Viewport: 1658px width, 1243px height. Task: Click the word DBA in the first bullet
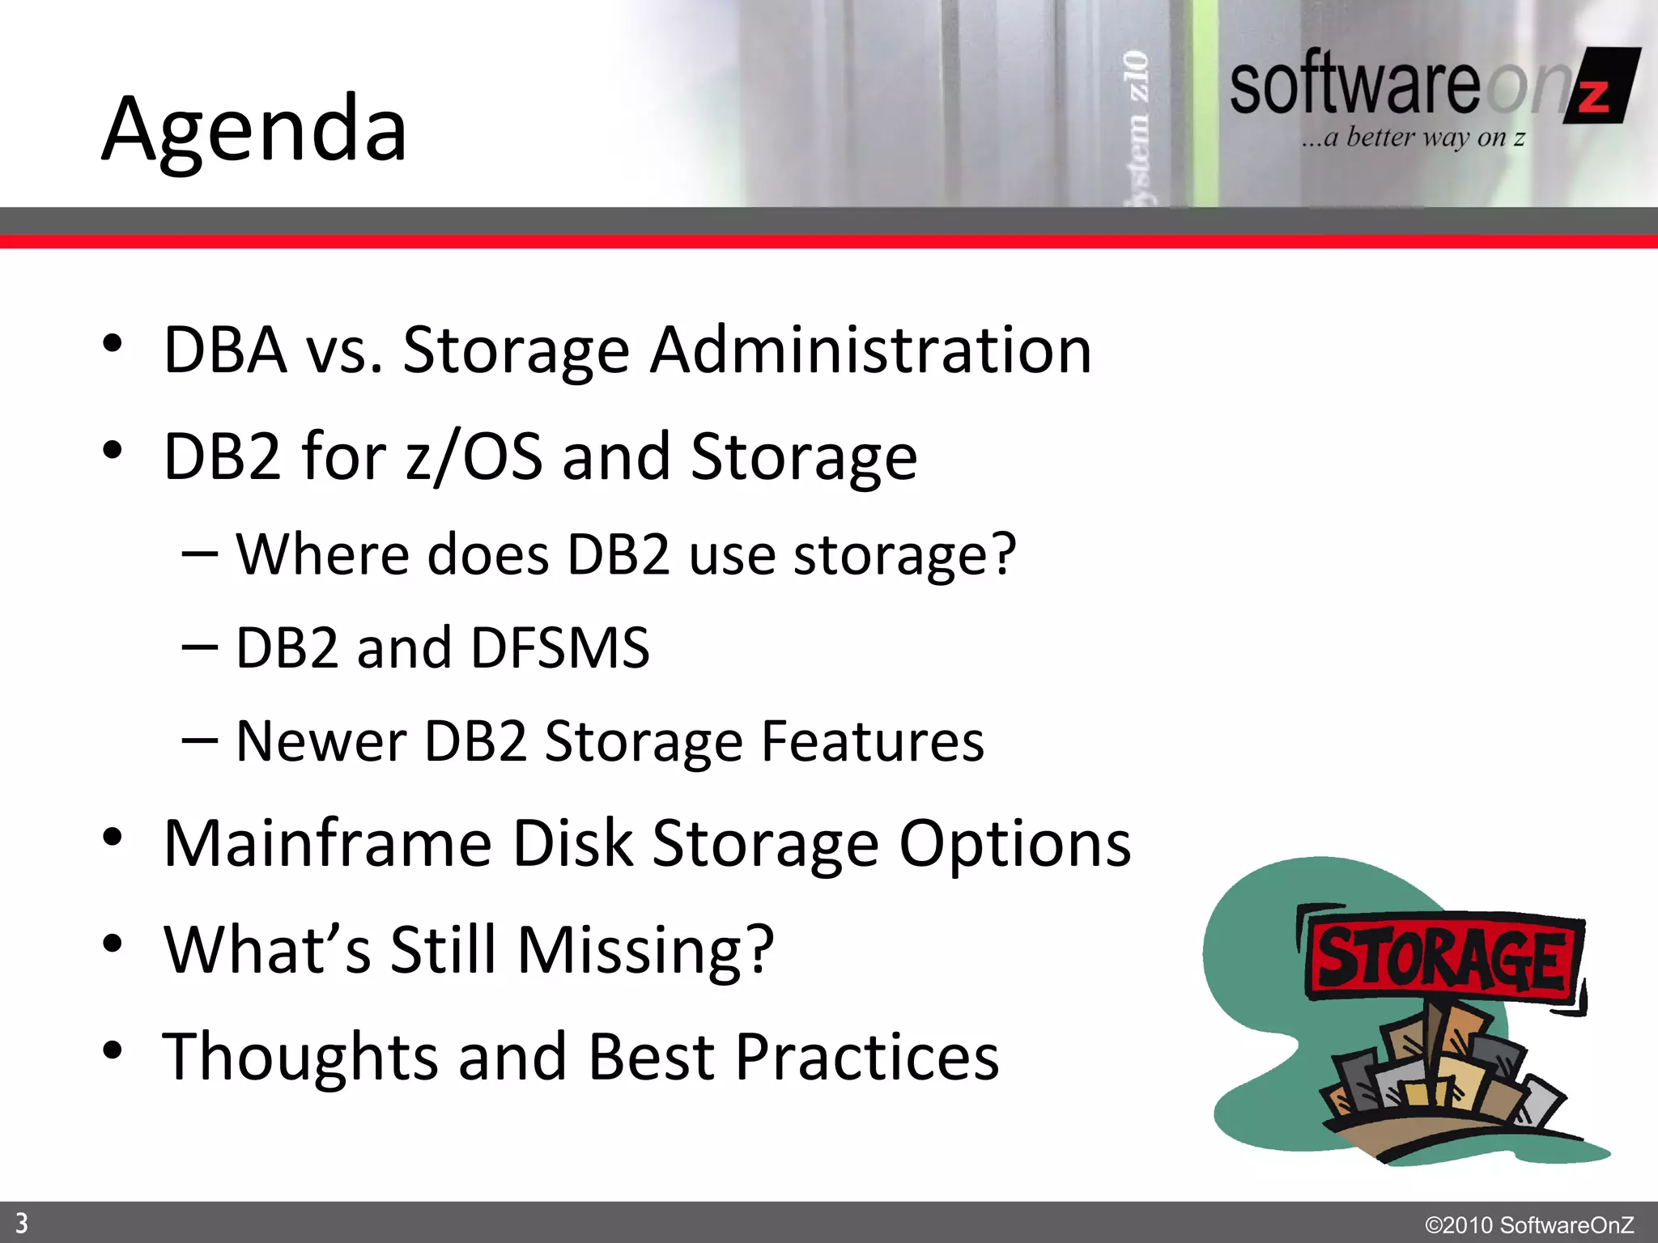pyautogui.click(x=224, y=350)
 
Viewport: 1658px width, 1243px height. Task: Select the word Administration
pyautogui.click(x=871, y=350)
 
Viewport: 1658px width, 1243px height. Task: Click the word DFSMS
pyautogui.click(x=560, y=647)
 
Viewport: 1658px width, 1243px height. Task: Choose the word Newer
pyautogui.click(x=321, y=741)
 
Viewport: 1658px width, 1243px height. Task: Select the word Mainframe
pyautogui.click(x=327, y=843)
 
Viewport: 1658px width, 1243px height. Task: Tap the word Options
pyautogui.click(x=1015, y=845)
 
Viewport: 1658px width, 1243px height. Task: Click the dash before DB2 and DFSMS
pyautogui.click(x=199, y=647)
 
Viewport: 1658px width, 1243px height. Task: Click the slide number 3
pyautogui.click(x=22, y=1223)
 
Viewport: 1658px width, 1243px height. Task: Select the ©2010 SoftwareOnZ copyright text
pyautogui.click(x=1528, y=1224)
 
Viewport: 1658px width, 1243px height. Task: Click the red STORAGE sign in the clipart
pyautogui.click(x=1441, y=957)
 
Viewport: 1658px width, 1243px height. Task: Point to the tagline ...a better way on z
pyautogui.click(x=1413, y=138)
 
